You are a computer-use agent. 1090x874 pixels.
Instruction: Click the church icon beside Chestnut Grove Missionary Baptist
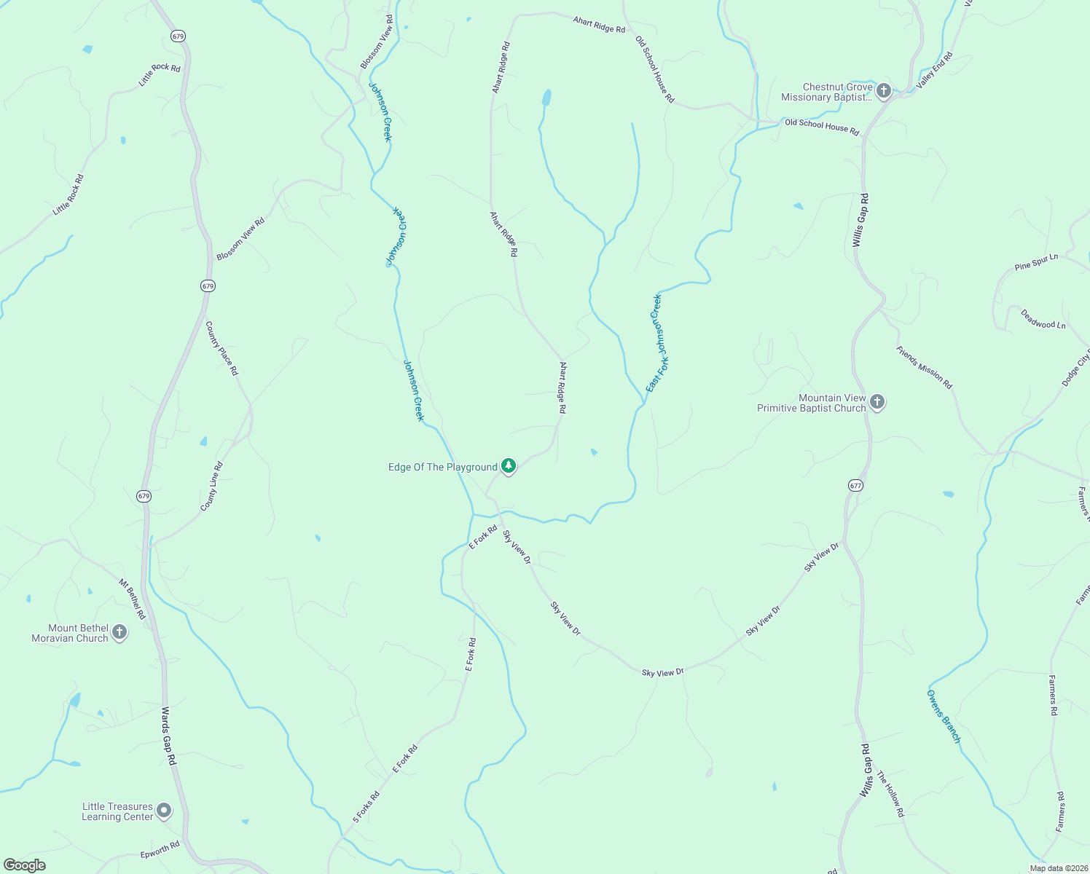pyautogui.click(x=884, y=91)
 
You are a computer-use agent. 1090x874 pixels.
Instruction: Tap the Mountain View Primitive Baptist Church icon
pyautogui.click(x=877, y=401)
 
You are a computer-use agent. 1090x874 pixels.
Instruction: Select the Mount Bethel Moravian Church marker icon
pyautogui.click(x=119, y=632)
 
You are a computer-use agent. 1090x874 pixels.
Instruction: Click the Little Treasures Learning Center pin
pyautogui.click(x=165, y=810)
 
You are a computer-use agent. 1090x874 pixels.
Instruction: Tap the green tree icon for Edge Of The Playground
pyautogui.click(x=509, y=466)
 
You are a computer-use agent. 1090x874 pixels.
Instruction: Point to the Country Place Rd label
pyautogui.click(x=221, y=348)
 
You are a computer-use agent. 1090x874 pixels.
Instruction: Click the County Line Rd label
pyautogui.click(x=211, y=486)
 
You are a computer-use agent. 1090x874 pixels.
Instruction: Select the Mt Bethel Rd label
pyautogui.click(x=133, y=599)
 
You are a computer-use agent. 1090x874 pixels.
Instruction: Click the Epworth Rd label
pyautogui.click(x=160, y=849)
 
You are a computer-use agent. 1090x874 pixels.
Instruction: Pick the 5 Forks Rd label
pyautogui.click(x=366, y=807)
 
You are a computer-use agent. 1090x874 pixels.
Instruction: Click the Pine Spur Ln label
pyautogui.click(x=1036, y=262)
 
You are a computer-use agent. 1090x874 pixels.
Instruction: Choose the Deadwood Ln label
pyautogui.click(x=1043, y=319)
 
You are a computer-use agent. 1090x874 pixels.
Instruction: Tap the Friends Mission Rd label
pyautogui.click(x=924, y=367)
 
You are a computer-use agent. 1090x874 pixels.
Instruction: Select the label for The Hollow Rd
pyautogui.click(x=890, y=794)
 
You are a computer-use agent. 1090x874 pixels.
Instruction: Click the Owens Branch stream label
pyautogui.click(x=944, y=716)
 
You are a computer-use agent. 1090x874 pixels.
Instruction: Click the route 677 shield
pyautogui.click(x=855, y=485)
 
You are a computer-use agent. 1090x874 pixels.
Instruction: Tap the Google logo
pyautogui.click(x=25, y=865)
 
